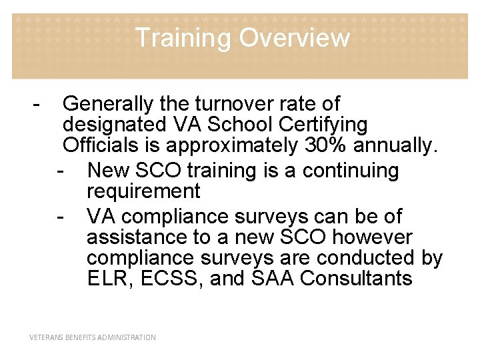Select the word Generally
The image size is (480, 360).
pos(108,104)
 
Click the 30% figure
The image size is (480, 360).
pos(324,145)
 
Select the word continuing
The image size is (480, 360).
pos(350,171)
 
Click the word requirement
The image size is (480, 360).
pos(143,191)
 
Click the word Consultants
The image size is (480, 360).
pos(357,278)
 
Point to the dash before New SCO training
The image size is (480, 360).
pos(61,171)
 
